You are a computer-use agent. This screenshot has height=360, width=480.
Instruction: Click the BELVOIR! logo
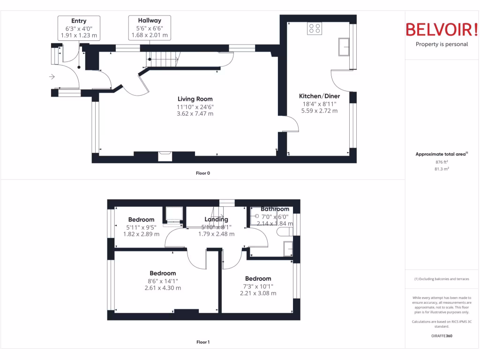[442, 30]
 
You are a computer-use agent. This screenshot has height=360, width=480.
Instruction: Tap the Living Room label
[195, 99]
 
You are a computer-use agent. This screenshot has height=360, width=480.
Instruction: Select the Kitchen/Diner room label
[319, 96]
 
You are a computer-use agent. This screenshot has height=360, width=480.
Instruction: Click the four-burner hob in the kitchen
[315, 29]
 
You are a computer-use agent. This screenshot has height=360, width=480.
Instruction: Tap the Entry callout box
[79, 28]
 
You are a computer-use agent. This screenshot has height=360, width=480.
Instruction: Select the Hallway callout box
[150, 28]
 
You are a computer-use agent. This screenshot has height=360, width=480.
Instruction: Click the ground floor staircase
[164, 59]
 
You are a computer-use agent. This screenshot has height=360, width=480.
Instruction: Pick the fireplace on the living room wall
[165, 156]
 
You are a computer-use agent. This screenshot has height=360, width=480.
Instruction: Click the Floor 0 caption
[203, 173]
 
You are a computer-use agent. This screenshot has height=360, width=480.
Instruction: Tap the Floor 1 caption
[203, 342]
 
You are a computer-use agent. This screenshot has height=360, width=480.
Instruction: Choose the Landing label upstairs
[216, 219]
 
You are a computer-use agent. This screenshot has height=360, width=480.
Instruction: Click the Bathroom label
[275, 209]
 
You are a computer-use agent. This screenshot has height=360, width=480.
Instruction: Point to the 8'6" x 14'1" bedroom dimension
[163, 281]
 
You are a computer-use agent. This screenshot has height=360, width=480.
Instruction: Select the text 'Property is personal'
[442, 45]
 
